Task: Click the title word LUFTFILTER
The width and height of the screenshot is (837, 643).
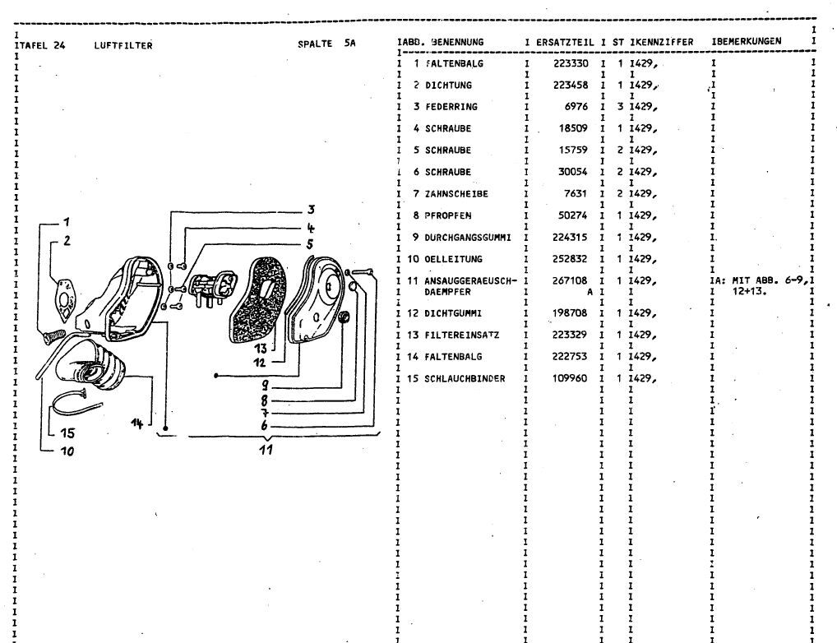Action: (123, 46)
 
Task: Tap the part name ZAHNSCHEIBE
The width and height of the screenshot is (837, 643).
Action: (457, 194)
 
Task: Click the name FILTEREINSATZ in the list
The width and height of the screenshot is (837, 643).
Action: (463, 335)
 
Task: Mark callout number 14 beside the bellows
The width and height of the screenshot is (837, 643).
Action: (137, 422)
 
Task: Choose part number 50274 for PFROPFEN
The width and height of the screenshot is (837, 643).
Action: (572, 216)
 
